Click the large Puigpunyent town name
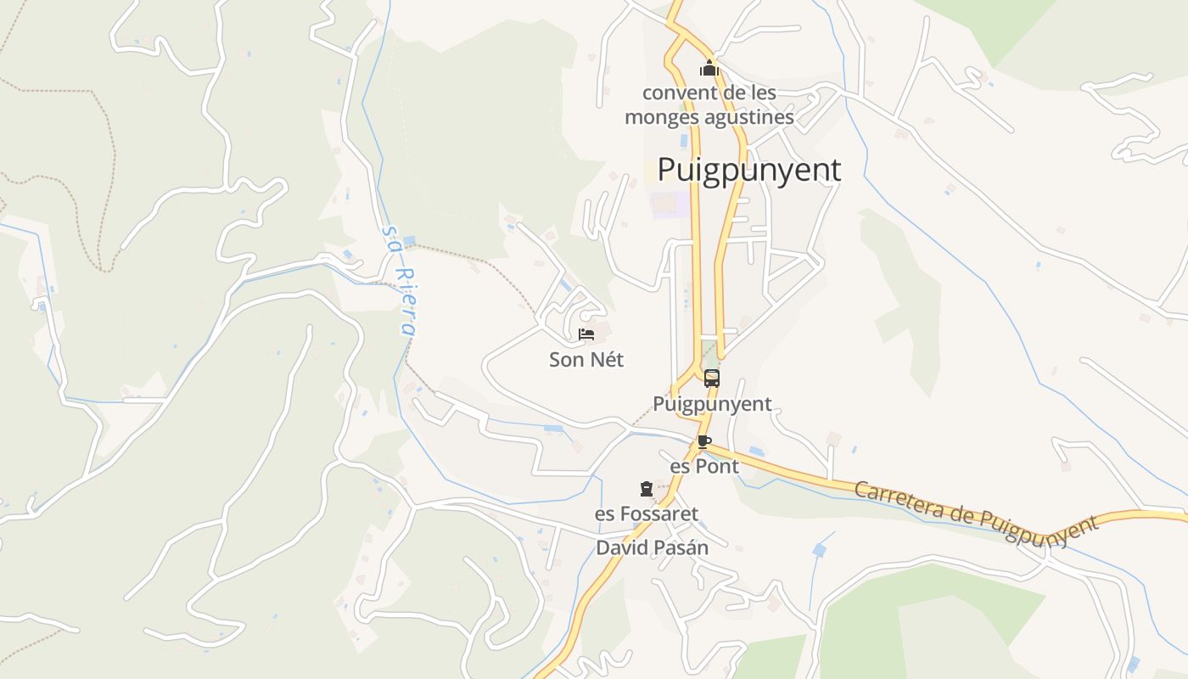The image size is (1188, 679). [749, 170]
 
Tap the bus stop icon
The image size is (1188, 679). [712, 379]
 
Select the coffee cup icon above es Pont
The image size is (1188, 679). [703, 441]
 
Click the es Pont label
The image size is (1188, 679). [704, 467]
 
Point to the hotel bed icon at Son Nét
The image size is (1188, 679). [586, 334]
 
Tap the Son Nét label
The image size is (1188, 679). [586, 360]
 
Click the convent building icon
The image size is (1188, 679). [709, 68]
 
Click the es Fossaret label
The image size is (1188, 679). [647, 514]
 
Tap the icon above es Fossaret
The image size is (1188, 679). [647, 489]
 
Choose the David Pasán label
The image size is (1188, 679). [652, 547]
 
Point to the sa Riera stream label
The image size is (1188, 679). [400, 280]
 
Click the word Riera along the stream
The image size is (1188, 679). [406, 301]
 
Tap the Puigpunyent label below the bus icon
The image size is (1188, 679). [712, 404]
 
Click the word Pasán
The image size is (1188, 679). [681, 547]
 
